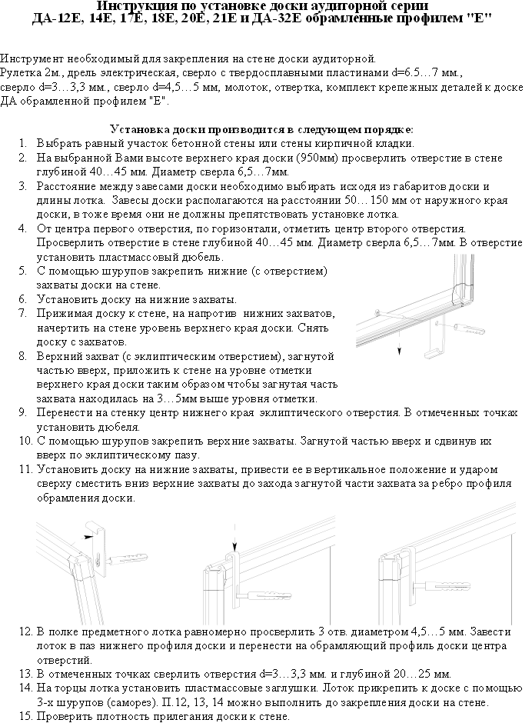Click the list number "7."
23,314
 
